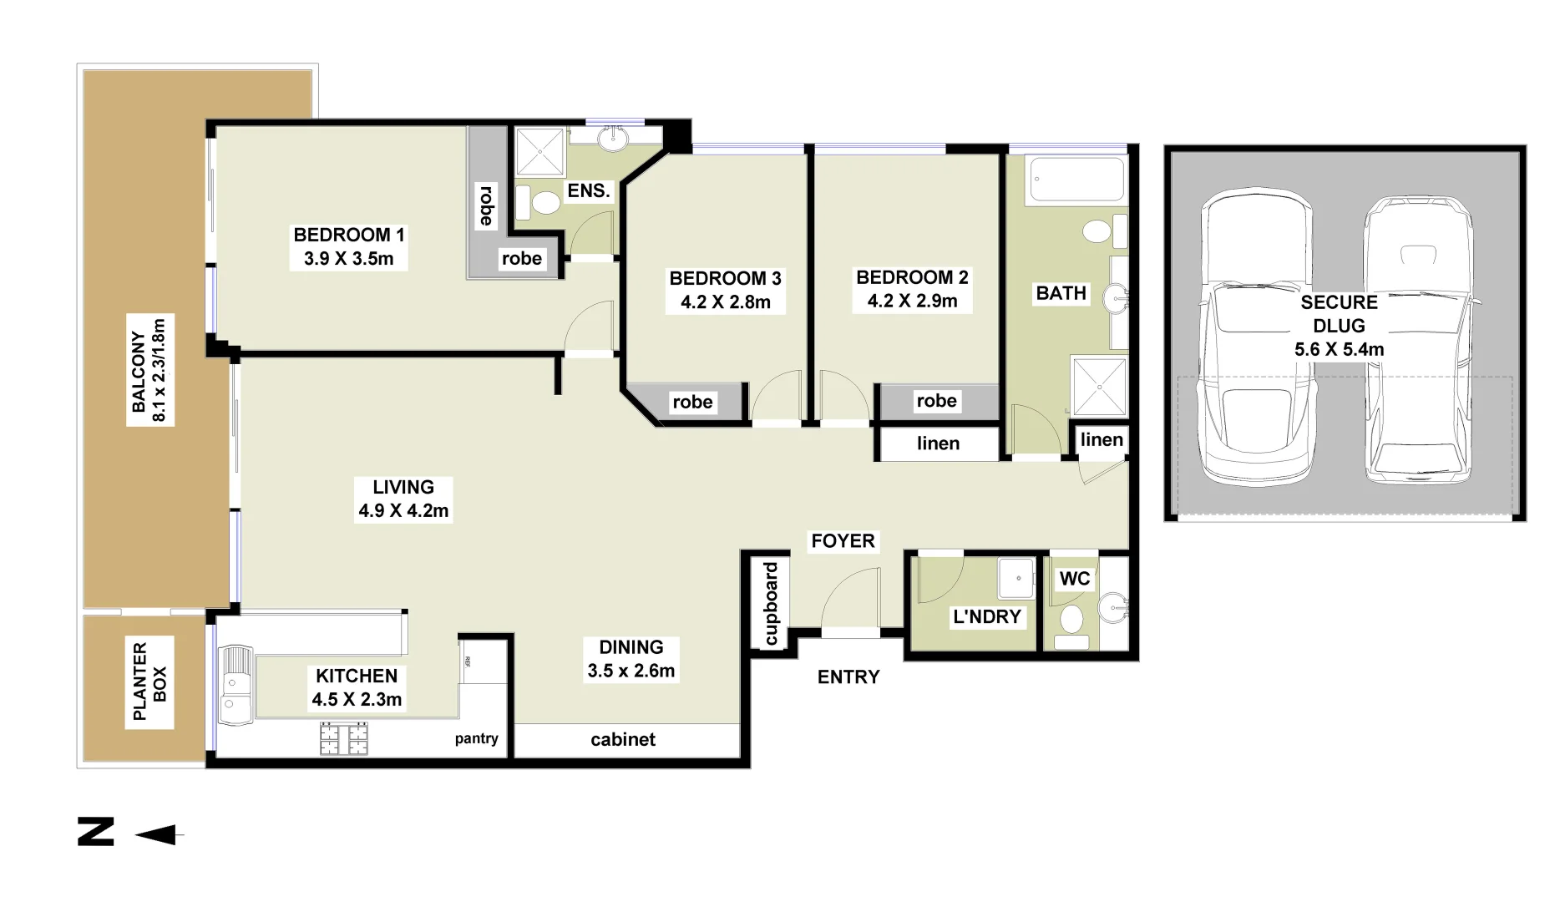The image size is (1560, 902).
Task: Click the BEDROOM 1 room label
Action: tap(349, 246)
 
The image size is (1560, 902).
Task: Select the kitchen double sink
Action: tap(236, 685)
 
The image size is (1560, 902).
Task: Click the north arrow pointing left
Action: tap(159, 834)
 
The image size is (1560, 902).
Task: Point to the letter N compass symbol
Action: tap(96, 832)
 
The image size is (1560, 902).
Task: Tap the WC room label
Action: tap(1075, 579)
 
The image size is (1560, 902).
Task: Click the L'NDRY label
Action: tap(987, 617)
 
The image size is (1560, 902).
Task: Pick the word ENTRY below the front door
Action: tap(848, 677)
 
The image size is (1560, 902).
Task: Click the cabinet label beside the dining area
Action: tap(623, 740)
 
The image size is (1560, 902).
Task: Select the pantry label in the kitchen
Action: tap(476, 738)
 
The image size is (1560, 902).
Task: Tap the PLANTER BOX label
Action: tap(150, 682)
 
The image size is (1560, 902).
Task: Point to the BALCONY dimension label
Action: tap(149, 369)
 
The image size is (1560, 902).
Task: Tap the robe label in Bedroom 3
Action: tap(692, 403)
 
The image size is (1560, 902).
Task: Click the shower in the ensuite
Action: tap(539, 152)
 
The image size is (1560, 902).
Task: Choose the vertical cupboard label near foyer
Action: tap(771, 603)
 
